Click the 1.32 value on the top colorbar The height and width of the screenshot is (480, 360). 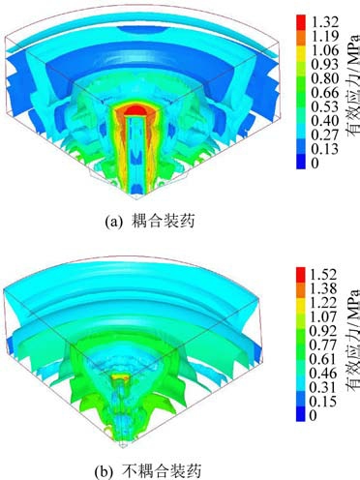pyautogui.click(x=325, y=22)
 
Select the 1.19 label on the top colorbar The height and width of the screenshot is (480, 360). pyautogui.click(x=325, y=36)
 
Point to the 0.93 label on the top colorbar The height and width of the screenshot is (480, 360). pyautogui.click(x=325, y=65)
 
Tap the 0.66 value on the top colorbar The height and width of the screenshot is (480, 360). pyautogui.click(x=325, y=93)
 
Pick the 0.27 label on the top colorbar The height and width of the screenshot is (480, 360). pyautogui.click(x=325, y=135)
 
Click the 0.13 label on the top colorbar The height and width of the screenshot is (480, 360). pyautogui.click(x=325, y=149)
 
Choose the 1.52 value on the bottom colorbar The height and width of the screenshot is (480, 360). pyautogui.click(x=323, y=275)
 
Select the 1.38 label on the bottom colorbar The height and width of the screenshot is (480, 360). pyautogui.click(x=323, y=288)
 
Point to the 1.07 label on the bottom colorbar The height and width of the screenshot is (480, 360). pyautogui.click(x=323, y=316)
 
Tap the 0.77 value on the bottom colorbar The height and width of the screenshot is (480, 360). pyautogui.click(x=323, y=345)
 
